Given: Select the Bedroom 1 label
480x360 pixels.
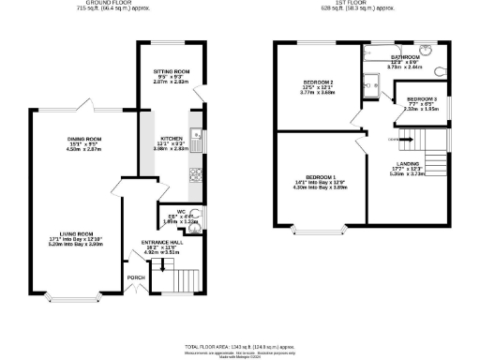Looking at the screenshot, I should click(321, 177).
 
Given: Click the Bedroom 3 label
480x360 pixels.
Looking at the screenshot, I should click(421, 98).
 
